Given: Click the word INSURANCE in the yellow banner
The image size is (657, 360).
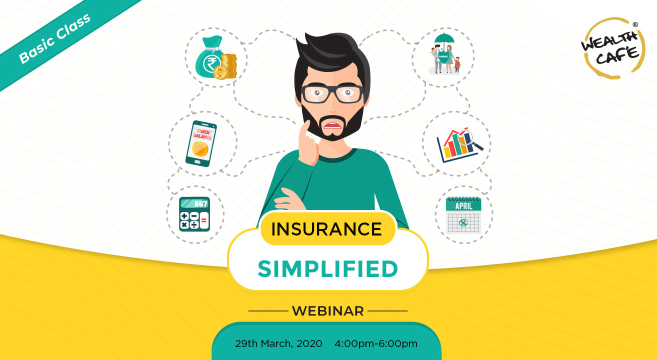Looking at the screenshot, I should coord(326,229).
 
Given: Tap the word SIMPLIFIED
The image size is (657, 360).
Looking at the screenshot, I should coord(328,268).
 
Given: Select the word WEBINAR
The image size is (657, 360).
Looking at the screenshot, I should coord(328,311).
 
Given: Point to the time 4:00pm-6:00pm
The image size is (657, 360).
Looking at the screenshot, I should coord(376,343).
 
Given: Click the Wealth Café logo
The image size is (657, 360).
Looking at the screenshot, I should coord(609,48).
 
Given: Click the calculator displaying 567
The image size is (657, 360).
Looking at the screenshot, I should coord(194,214).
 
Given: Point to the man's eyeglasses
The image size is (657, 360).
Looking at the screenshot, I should coord(332,94).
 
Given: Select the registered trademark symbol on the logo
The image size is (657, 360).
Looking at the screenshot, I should coord(634,24).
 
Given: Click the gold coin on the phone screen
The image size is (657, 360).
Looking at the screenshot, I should coord(200,149).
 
